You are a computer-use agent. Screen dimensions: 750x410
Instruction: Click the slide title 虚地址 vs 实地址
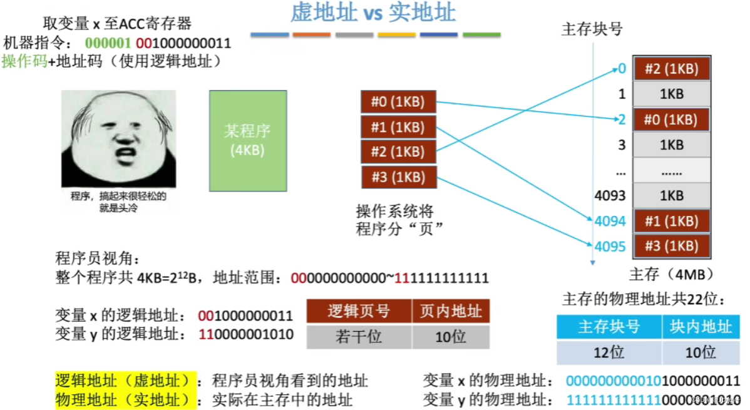tap(373, 13)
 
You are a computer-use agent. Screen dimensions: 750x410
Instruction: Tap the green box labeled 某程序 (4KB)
tap(248, 141)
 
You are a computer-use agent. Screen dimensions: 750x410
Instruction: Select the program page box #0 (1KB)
tap(398, 101)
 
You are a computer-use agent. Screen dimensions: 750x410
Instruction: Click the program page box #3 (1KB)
tap(398, 177)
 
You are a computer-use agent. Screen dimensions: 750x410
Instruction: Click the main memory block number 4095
tap(610, 246)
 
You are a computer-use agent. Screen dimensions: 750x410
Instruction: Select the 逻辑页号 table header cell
tap(359, 311)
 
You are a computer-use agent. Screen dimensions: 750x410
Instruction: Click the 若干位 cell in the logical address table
tap(359, 337)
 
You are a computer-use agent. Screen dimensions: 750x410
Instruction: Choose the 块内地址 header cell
tap(701, 327)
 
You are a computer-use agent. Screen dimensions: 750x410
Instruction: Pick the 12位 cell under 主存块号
tap(609, 352)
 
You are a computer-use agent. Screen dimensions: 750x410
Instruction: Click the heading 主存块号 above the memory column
tap(592, 29)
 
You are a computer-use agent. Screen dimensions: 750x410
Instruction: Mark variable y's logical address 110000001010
tap(246, 334)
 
